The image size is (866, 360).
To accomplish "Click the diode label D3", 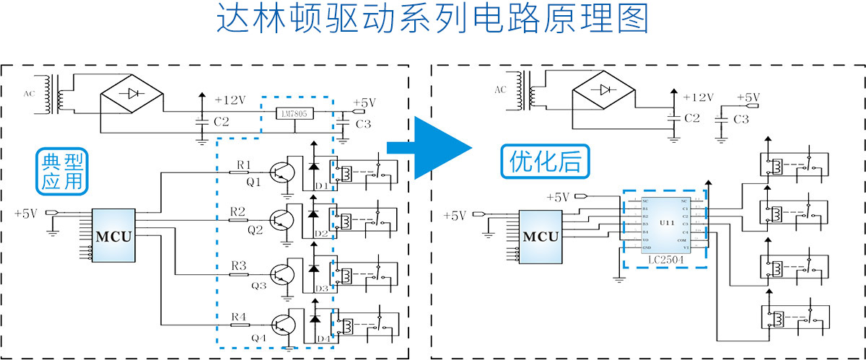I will coord(323,289).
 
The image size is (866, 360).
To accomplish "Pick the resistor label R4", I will coord(239,316).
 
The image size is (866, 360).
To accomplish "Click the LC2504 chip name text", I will coord(663,259).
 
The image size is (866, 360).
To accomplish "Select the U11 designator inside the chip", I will coord(666,224).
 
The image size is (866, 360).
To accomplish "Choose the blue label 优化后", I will coord(545,161).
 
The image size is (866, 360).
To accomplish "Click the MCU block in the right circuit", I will coord(541,237).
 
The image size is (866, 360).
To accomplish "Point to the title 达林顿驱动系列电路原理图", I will coord(432,19).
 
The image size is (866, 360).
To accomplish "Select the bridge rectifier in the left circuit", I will coord(131,93).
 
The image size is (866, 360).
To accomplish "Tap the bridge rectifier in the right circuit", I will coord(603,90).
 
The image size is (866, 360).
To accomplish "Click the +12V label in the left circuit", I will coord(230,100).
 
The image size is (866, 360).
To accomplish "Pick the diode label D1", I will coord(323,187).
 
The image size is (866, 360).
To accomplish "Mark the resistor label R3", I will coord(239,265).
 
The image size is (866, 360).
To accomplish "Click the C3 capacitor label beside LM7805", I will coord(364,124).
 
